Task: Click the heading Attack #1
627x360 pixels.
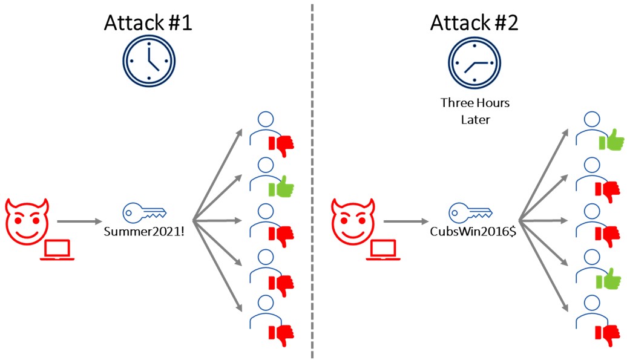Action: pos(149,23)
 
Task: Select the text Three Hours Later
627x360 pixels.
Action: pos(474,111)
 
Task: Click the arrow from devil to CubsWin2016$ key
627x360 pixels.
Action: pos(409,222)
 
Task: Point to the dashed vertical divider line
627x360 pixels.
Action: pos(312,182)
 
